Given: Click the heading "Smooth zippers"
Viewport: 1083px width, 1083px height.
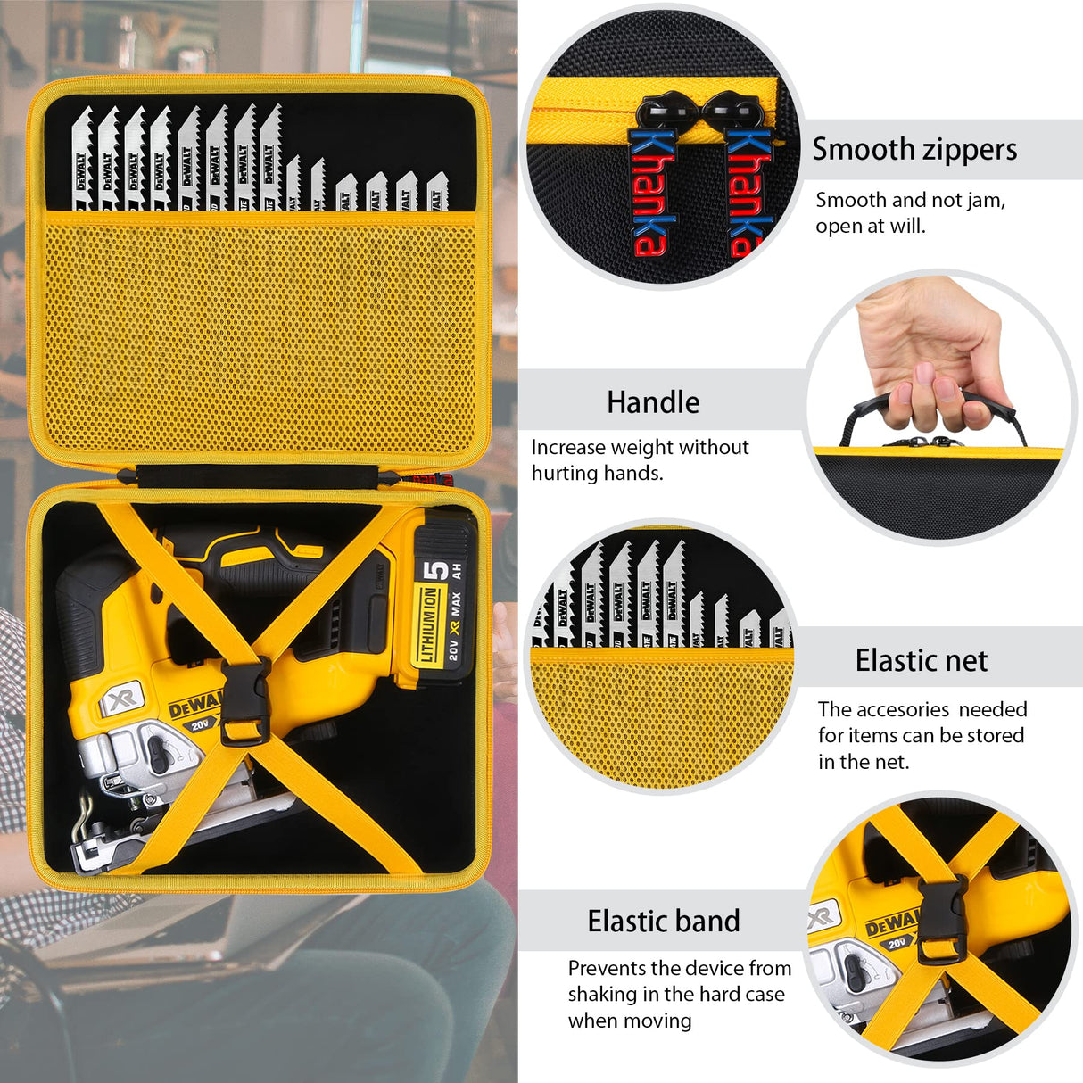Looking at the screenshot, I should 914,149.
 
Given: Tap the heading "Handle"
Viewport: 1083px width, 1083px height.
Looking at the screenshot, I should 653,402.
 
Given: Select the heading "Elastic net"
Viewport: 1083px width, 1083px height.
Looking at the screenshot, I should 921,661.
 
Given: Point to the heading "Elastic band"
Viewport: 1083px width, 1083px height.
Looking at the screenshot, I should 664,921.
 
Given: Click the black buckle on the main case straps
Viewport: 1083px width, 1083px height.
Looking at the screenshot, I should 244,703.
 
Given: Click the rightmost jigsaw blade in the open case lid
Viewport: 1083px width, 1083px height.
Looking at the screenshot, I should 436,191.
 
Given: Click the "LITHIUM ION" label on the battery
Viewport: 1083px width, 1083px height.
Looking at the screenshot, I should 429,624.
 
